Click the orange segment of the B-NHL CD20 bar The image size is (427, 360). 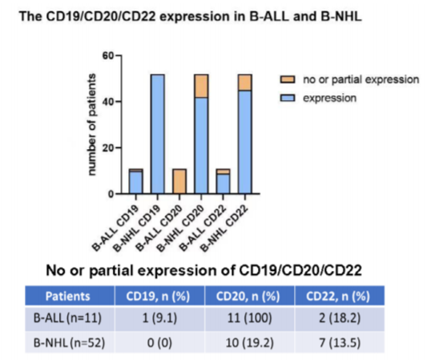tap(201, 86)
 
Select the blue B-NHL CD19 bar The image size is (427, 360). tap(158, 134)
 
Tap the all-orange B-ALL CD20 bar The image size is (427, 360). tap(179, 181)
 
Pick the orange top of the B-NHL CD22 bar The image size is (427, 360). tap(245, 83)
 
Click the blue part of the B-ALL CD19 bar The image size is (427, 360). tap(136, 183)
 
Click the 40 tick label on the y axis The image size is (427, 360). tap(108, 102)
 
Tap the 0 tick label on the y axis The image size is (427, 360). tap(111, 194)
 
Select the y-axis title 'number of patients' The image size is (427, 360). tap(92, 124)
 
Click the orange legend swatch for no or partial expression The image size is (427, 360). tap(288, 79)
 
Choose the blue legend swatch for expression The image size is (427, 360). tap(288, 98)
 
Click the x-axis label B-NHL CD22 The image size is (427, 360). tap(225, 229)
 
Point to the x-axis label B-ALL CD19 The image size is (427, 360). tap(116, 229)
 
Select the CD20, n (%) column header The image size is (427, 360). tap(248, 296)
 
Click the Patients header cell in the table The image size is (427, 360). tap(68, 296)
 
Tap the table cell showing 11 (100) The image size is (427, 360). tap(249, 318)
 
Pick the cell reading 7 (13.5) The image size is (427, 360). tap(340, 342)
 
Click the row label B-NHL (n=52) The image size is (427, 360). tap(69, 342)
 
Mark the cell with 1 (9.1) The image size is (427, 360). tap(159, 318)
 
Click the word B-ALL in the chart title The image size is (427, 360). tap(269, 16)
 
